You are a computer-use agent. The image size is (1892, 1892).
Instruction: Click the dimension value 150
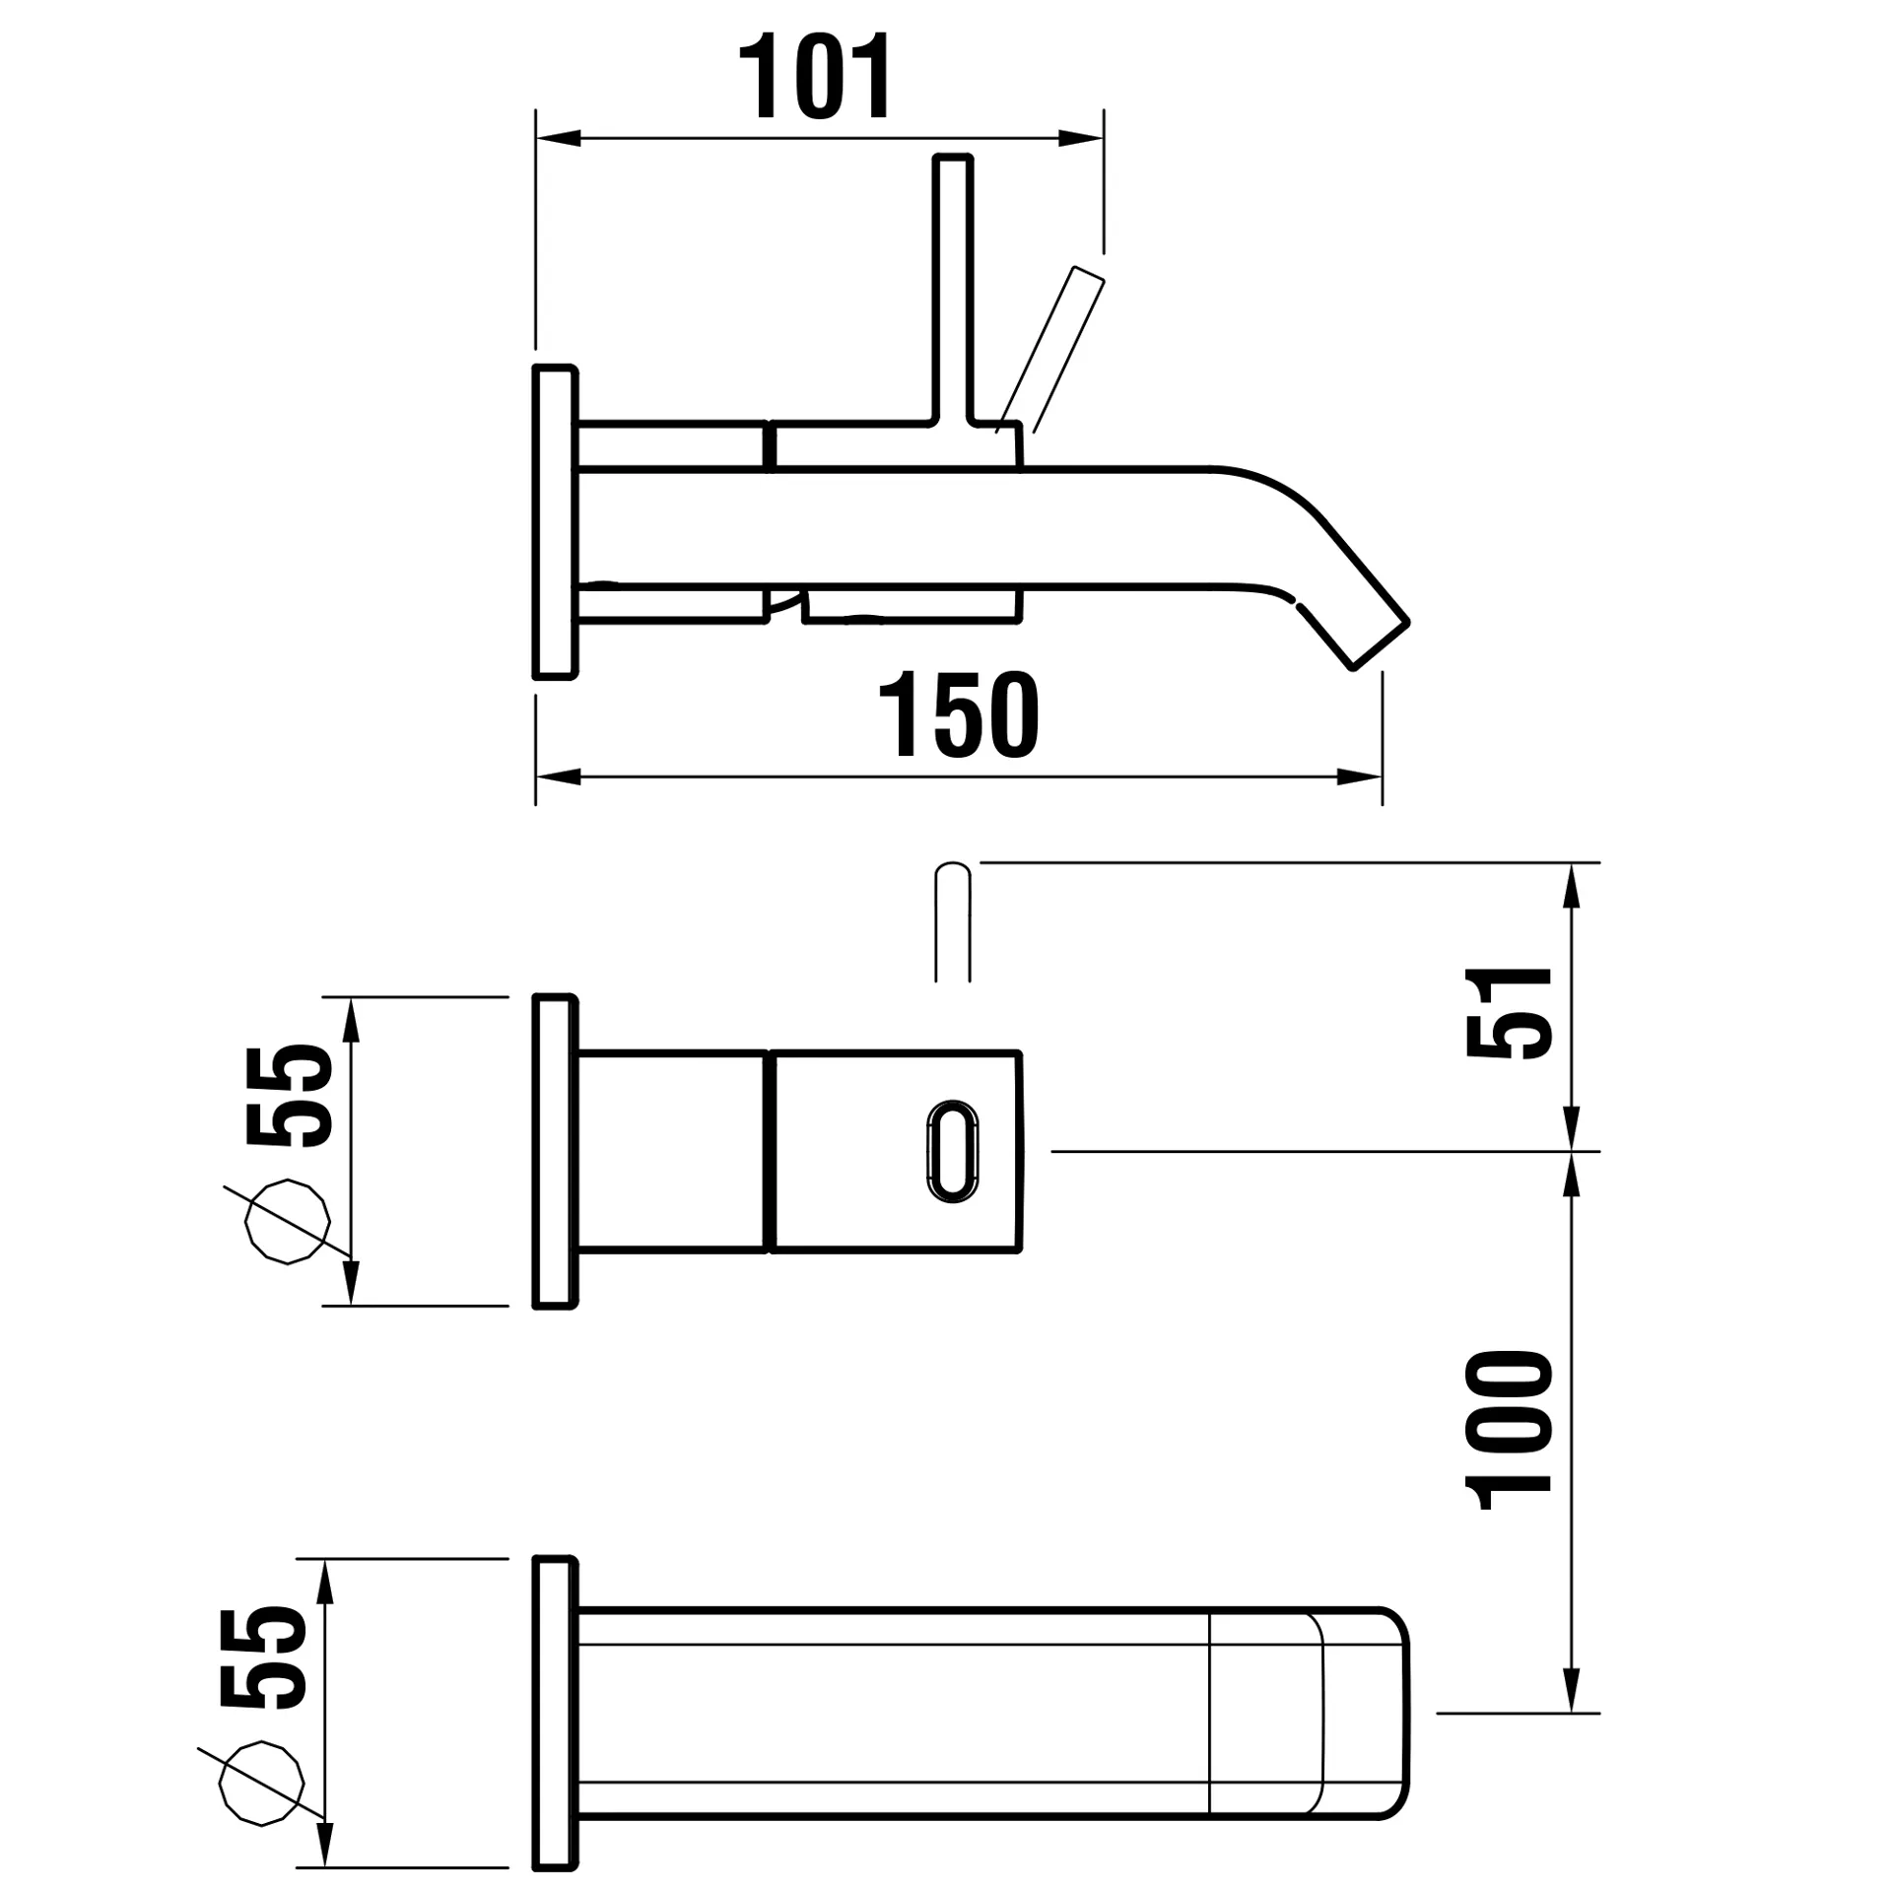click(958, 715)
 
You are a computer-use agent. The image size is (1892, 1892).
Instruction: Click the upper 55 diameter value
click(291, 1096)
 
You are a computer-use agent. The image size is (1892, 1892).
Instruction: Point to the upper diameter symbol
click(287, 1222)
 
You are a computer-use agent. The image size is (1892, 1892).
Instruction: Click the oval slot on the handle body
click(952, 1151)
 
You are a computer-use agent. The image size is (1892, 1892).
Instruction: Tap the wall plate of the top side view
click(554, 522)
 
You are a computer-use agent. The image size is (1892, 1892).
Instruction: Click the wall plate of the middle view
click(554, 1151)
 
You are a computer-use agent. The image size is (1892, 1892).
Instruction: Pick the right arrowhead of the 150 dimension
click(1361, 777)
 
